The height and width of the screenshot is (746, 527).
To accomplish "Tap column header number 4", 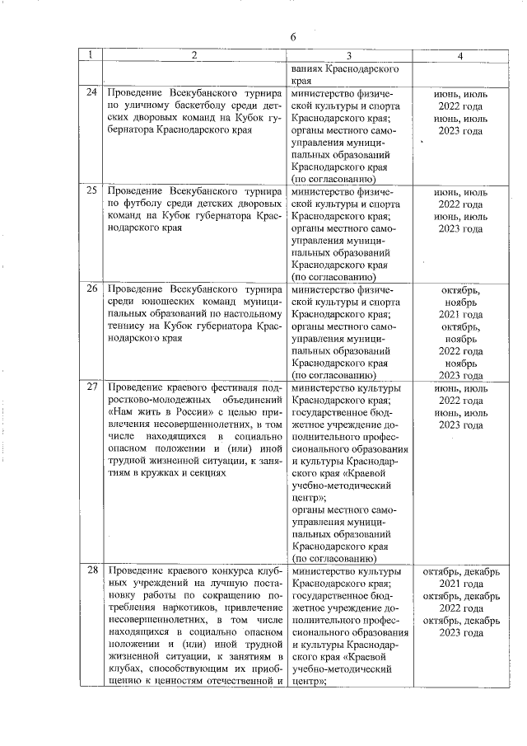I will tap(460, 55).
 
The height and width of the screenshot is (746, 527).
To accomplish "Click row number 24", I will tap(91, 93).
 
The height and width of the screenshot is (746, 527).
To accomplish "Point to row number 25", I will tap(91, 191).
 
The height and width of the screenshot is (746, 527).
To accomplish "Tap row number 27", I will tap(91, 387).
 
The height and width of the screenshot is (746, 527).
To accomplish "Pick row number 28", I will tap(91, 571).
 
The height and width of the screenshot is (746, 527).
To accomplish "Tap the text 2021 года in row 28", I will tap(460, 584).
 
